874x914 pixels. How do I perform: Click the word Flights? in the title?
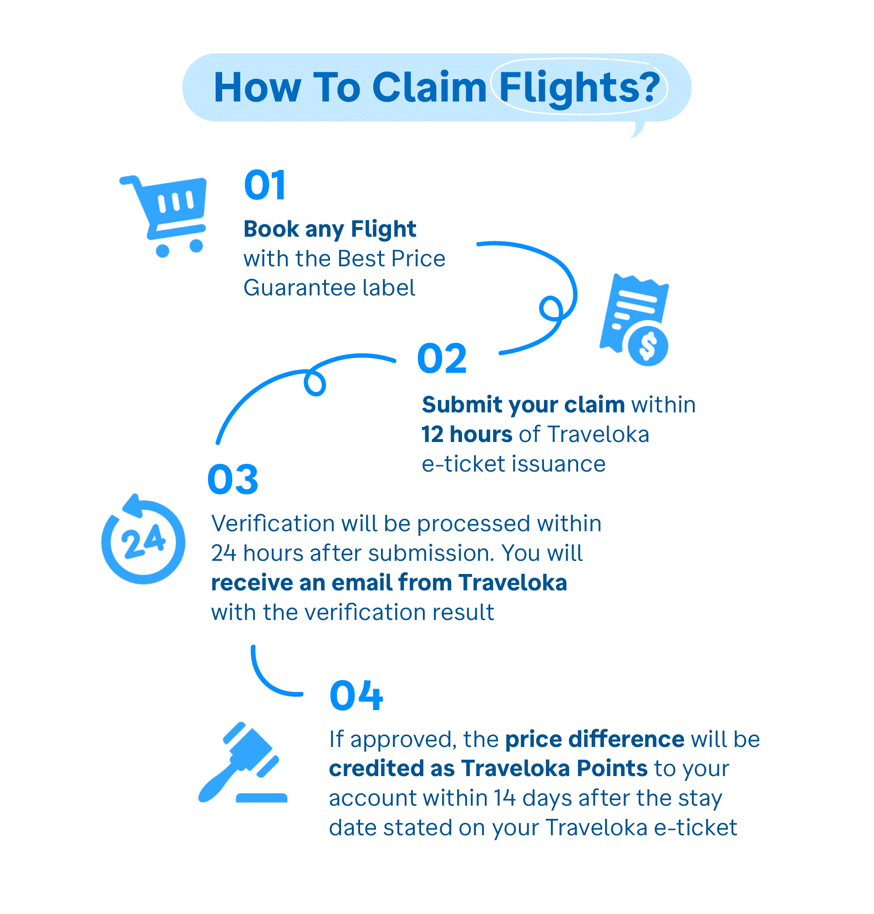[x=579, y=88]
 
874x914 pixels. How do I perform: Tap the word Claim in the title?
[x=429, y=87]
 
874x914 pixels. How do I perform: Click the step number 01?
[x=264, y=185]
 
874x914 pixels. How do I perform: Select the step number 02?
[x=442, y=358]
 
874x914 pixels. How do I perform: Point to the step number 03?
[x=233, y=479]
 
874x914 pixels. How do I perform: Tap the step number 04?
[x=356, y=696]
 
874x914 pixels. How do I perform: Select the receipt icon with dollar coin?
[x=635, y=320]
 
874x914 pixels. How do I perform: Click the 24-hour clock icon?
[x=143, y=539]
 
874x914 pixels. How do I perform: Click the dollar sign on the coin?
[x=648, y=346]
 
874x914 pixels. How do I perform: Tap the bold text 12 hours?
[x=467, y=435]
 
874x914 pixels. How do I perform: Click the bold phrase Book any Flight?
[x=330, y=229]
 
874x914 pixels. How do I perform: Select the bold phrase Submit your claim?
[x=523, y=405]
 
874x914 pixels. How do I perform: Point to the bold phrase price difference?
[x=595, y=739]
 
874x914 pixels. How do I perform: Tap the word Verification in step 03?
[x=273, y=523]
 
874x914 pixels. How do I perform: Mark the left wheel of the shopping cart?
[x=163, y=250]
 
